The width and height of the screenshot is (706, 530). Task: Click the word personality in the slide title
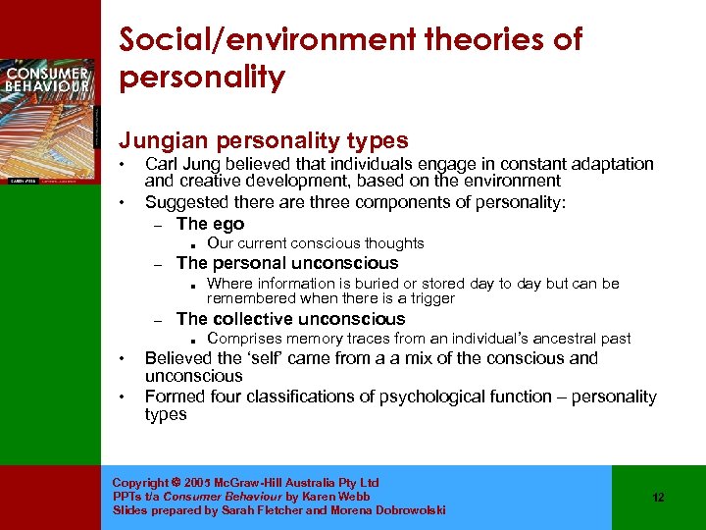click(x=202, y=78)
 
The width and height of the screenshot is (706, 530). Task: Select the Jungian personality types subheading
click(x=264, y=141)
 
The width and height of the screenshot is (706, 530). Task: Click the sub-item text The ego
click(x=210, y=224)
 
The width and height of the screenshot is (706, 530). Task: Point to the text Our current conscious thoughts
click(x=316, y=243)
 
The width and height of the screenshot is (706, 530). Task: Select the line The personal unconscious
click(x=287, y=263)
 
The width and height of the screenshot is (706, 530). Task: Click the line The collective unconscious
click(x=290, y=319)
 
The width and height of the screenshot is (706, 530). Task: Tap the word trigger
click(x=431, y=298)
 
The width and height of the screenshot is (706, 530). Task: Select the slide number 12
click(x=658, y=498)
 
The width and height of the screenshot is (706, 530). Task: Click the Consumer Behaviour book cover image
click(x=49, y=119)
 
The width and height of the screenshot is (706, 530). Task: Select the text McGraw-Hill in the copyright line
click(x=237, y=483)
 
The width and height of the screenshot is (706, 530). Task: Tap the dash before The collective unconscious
click(x=157, y=320)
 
